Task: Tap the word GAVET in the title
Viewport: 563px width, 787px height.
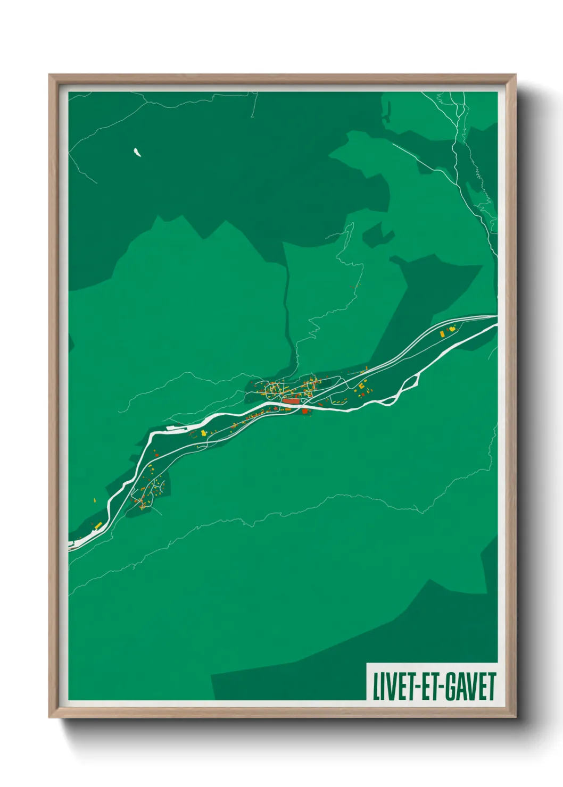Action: point(470,686)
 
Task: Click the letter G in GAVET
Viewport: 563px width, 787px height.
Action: point(450,686)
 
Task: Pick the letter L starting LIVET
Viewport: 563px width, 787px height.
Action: point(376,686)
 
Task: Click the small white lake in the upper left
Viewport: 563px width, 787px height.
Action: point(137,153)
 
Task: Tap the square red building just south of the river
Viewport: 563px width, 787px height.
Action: point(305,411)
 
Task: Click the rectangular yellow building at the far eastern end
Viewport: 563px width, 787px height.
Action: point(442,334)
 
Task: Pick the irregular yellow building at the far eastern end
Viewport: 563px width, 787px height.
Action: point(452,330)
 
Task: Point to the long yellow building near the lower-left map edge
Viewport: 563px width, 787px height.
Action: point(98,525)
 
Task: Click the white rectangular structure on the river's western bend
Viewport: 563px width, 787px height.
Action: point(176,426)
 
